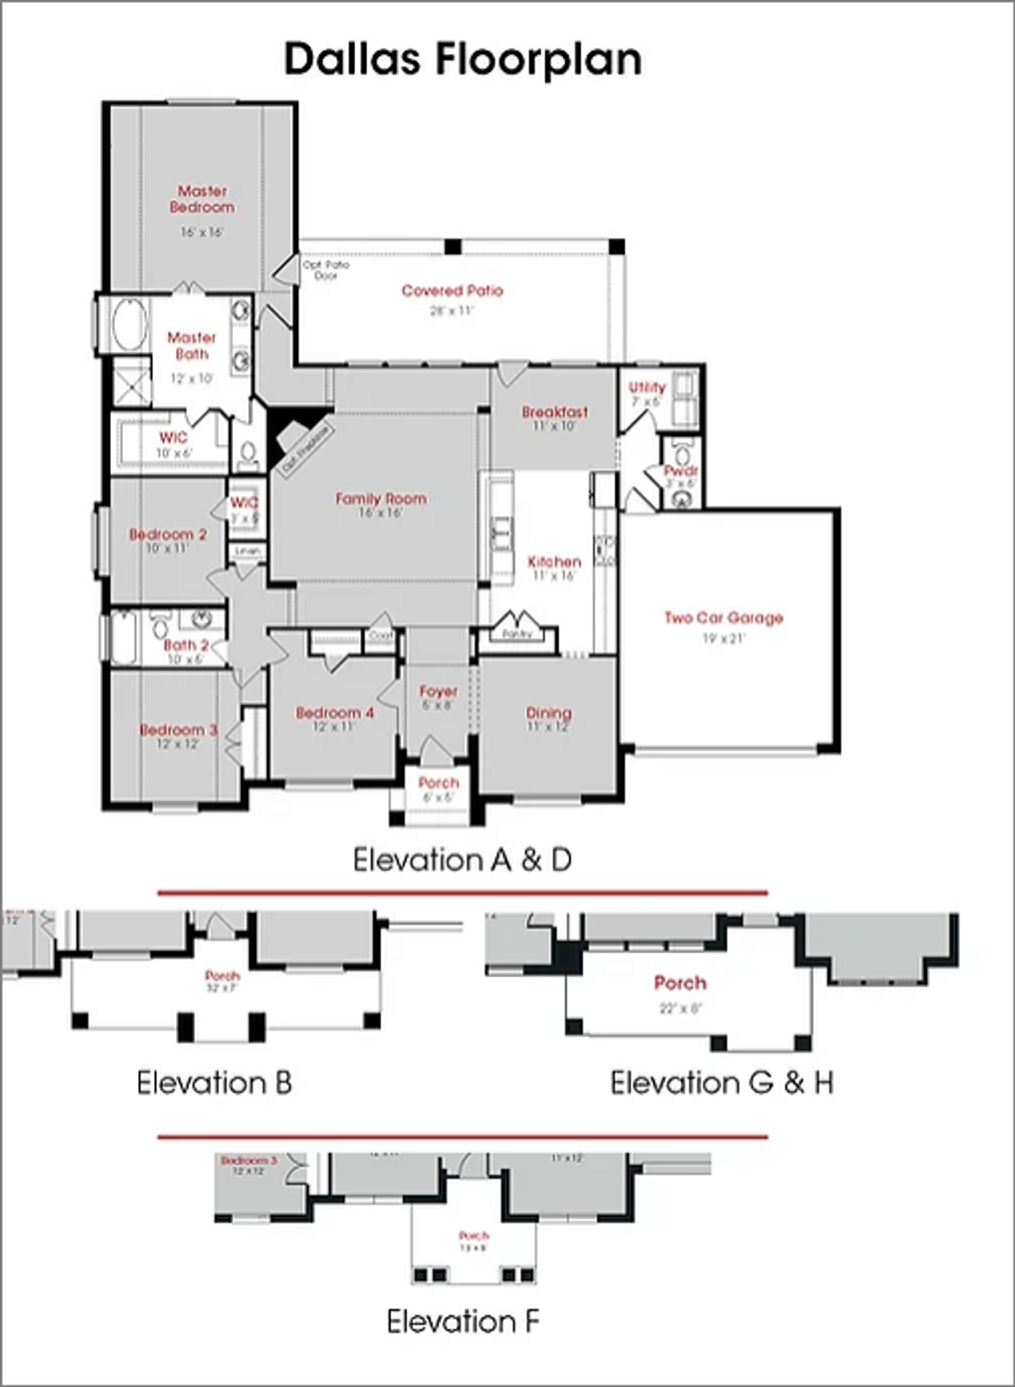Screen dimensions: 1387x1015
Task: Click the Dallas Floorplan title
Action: [x=463, y=60]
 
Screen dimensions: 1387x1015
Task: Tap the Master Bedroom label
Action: [x=202, y=199]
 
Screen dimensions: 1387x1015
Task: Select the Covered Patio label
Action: [x=452, y=291]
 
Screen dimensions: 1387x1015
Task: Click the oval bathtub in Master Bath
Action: [x=129, y=325]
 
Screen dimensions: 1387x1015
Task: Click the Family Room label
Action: [x=381, y=499]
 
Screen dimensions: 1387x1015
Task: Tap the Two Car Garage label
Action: [x=723, y=617]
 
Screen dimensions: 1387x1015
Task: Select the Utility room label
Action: [x=647, y=388]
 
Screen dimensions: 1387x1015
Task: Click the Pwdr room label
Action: [x=680, y=472]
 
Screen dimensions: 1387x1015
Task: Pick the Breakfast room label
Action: [x=554, y=411]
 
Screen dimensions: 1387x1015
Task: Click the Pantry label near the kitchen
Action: [x=517, y=634]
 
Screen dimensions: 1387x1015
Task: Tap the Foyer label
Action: [x=439, y=691]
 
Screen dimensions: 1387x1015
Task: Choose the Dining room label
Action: [x=548, y=713]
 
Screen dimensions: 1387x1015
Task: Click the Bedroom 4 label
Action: [x=335, y=713]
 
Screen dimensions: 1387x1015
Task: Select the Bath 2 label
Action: [x=186, y=645]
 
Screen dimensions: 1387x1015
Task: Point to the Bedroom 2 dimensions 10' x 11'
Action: [x=167, y=548]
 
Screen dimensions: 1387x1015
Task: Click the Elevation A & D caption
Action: [x=462, y=860]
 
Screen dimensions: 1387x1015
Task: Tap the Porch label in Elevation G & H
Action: [x=680, y=983]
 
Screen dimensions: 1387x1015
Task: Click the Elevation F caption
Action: [x=463, y=1321]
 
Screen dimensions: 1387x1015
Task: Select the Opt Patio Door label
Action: [x=325, y=270]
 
